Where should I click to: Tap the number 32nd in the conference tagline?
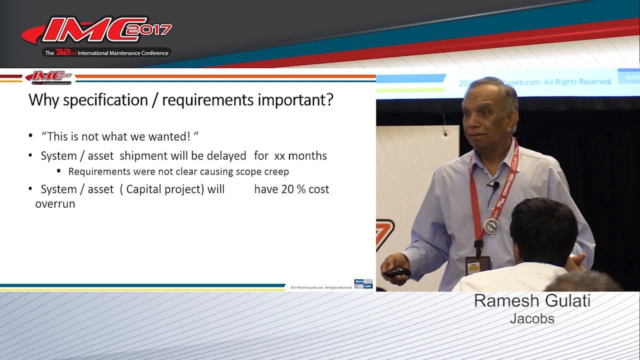(65, 52)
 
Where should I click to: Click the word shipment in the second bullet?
(143, 155)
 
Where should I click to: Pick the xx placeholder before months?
(279, 156)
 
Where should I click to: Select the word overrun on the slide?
(55, 204)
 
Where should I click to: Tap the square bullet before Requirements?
(58, 171)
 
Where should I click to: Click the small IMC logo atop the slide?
(48, 76)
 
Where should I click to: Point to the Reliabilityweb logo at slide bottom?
(363, 283)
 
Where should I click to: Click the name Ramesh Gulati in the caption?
(532, 301)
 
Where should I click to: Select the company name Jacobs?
(532, 318)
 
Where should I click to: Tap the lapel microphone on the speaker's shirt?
(495, 185)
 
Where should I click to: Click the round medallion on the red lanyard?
(491, 226)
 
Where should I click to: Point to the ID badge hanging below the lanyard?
(477, 264)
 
